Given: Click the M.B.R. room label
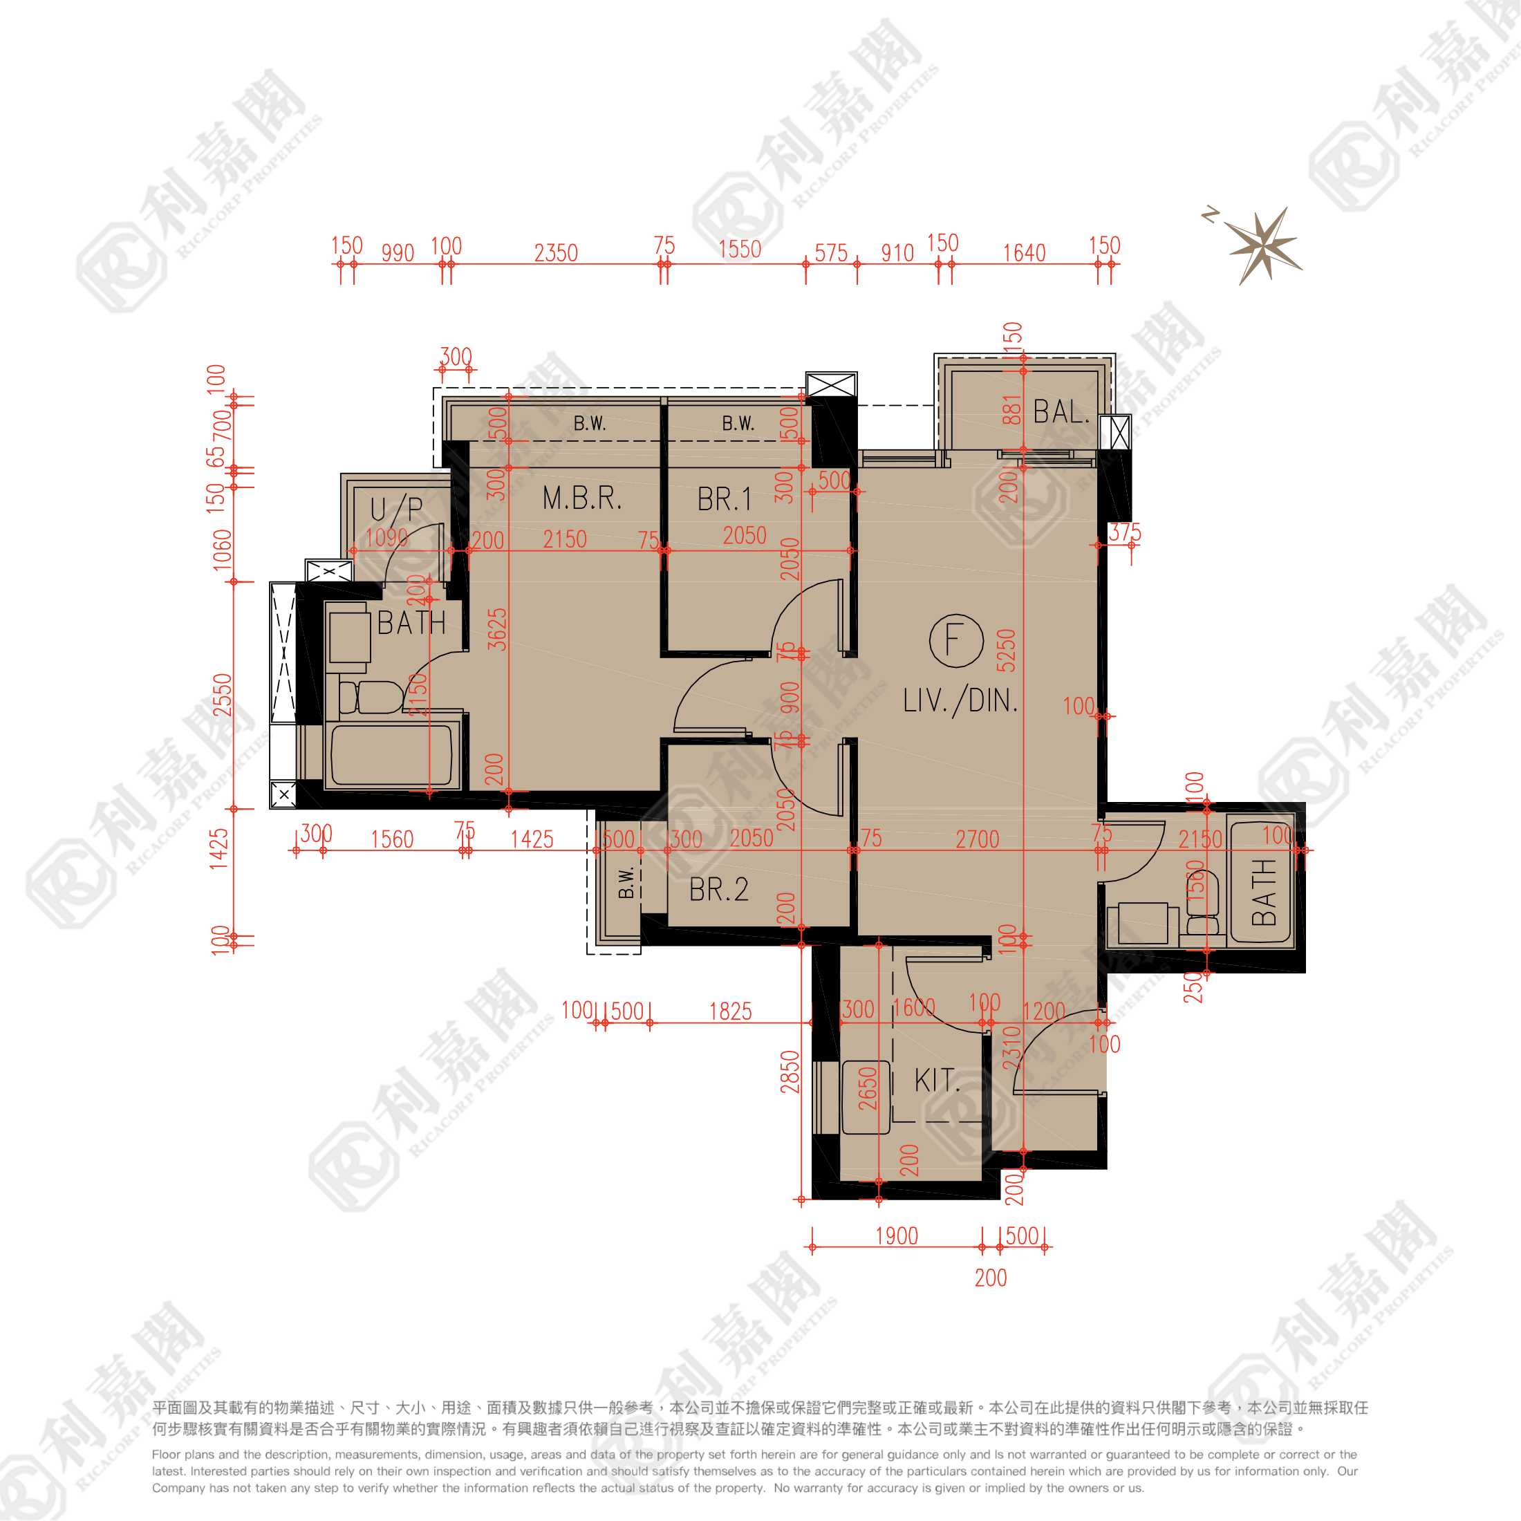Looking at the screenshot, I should pyautogui.click(x=582, y=498).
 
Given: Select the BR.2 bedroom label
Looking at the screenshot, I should pyautogui.click(x=718, y=890).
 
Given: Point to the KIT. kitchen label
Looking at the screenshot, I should pyautogui.click(x=937, y=1080).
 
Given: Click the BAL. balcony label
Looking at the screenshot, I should pyautogui.click(x=1061, y=412).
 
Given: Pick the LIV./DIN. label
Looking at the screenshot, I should pyautogui.click(x=960, y=700).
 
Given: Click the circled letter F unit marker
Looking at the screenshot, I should pyautogui.click(x=955, y=640).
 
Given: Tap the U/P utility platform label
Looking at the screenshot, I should pyautogui.click(x=397, y=509).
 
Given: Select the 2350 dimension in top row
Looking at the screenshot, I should pyautogui.click(x=556, y=253).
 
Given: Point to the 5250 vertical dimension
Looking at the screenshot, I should pyautogui.click(x=1006, y=651).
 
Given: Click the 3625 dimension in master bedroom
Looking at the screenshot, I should pyautogui.click(x=497, y=629).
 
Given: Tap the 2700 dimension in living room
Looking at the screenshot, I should pyautogui.click(x=977, y=839).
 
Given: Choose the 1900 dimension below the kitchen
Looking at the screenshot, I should pyautogui.click(x=897, y=1236).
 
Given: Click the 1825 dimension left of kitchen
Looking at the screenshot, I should pyautogui.click(x=730, y=1011).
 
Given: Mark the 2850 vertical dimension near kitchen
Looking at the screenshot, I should pyautogui.click(x=790, y=1072).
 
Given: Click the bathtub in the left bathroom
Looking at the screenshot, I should pyautogui.click(x=391, y=755).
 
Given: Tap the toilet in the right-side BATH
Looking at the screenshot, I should pyautogui.click(x=1202, y=904).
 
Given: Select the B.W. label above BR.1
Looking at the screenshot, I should pyautogui.click(x=738, y=424).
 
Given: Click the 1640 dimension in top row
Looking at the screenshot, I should pyautogui.click(x=1023, y=253).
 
